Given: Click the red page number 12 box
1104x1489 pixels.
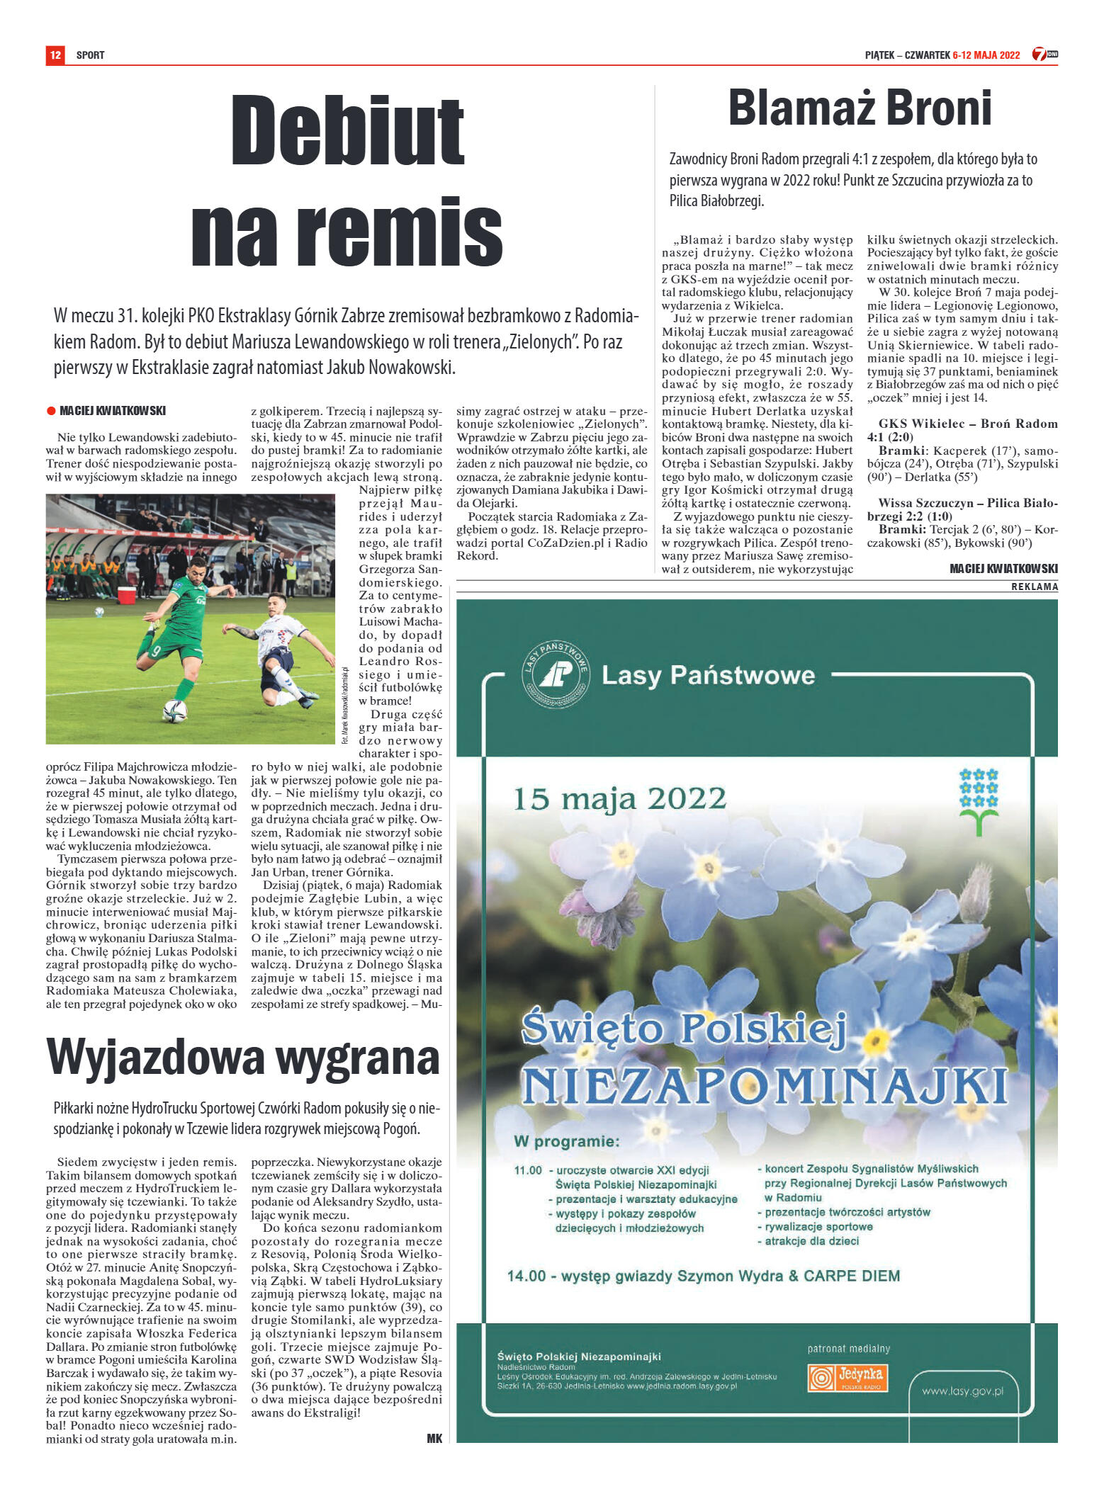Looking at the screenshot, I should [55, 55].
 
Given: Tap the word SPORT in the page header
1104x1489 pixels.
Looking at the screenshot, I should [90, 55].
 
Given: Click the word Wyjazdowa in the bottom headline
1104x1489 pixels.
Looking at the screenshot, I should [155, 1058].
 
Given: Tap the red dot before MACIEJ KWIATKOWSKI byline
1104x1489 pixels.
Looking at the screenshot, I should [51, 411].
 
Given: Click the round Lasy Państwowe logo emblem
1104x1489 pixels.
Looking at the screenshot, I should [556, 674].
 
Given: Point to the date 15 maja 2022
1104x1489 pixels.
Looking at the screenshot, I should [619, 799].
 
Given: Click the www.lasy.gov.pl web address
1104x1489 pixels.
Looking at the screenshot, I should [962, 1391].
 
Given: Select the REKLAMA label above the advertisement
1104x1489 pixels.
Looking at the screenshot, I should [1034, 587].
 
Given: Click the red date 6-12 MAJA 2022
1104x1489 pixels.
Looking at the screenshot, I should [986, 55].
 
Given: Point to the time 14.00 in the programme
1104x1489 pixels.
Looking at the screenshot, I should [526, 1276].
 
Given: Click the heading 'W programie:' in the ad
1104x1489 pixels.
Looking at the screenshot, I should [566, 1142].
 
